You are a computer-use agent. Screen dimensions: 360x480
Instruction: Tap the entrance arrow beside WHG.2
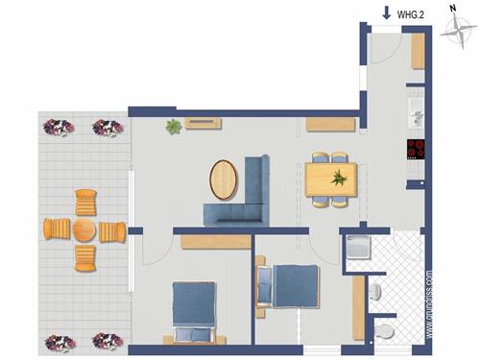pos(386,12)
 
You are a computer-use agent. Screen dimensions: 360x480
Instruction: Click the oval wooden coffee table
pos(225,179)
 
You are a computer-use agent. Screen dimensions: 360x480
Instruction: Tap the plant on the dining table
pos(339,178)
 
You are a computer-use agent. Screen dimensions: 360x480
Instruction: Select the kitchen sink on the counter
pos(417,114)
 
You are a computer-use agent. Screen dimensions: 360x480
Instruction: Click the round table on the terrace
pos(84,230)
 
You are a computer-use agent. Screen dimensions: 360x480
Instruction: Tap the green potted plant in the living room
pos(174,126)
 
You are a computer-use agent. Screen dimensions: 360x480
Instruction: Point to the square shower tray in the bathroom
pos(357,248)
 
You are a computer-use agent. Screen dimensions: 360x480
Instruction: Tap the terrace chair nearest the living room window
pos(112,230)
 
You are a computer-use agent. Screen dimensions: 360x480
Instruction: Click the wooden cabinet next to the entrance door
pos(418,54)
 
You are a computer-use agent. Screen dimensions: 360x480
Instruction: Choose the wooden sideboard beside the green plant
pos(204,123)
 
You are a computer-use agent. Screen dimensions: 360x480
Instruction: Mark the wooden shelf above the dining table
pos(330,124)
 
